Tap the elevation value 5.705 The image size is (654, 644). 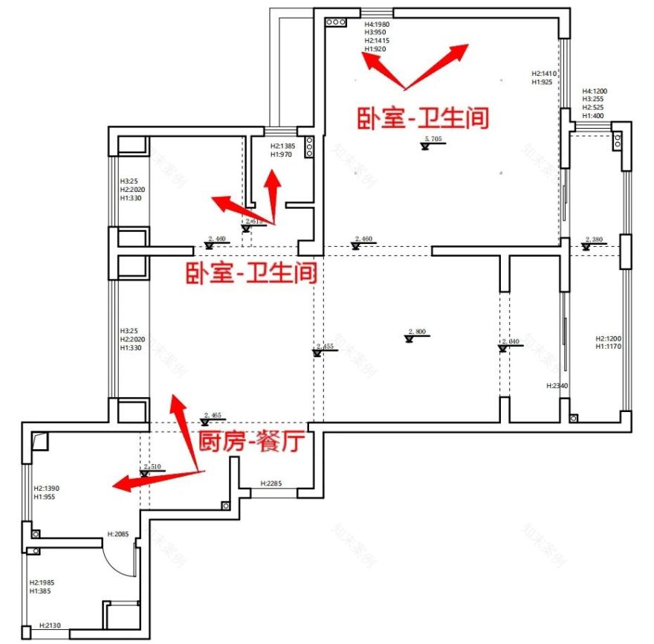[433, 139]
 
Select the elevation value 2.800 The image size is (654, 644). [418, 332]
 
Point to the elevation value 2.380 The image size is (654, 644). [594, 239]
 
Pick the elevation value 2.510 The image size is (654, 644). [152, 466]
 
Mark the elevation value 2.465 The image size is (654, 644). [212, 415]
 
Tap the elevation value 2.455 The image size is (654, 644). [325, 347]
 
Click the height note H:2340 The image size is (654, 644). [557, 386]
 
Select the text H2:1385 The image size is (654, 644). [282, 146]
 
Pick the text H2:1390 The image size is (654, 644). [46, 489]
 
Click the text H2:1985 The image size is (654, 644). [43, 582]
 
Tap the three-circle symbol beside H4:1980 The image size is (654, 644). [335, 22]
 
